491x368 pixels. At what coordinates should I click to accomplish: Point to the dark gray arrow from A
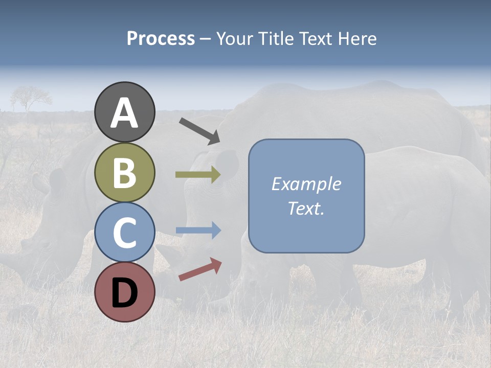199,130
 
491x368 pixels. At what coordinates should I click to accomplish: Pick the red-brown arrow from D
200,269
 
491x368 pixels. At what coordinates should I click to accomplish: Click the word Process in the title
161,38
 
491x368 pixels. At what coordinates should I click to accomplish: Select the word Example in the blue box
306,184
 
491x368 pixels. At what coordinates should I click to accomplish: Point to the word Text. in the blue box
306,208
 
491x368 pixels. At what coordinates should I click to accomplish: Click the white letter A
125,113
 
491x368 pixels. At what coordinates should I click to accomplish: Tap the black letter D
125,292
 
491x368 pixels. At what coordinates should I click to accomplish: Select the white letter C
125,233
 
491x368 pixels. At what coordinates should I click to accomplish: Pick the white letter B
125,173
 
